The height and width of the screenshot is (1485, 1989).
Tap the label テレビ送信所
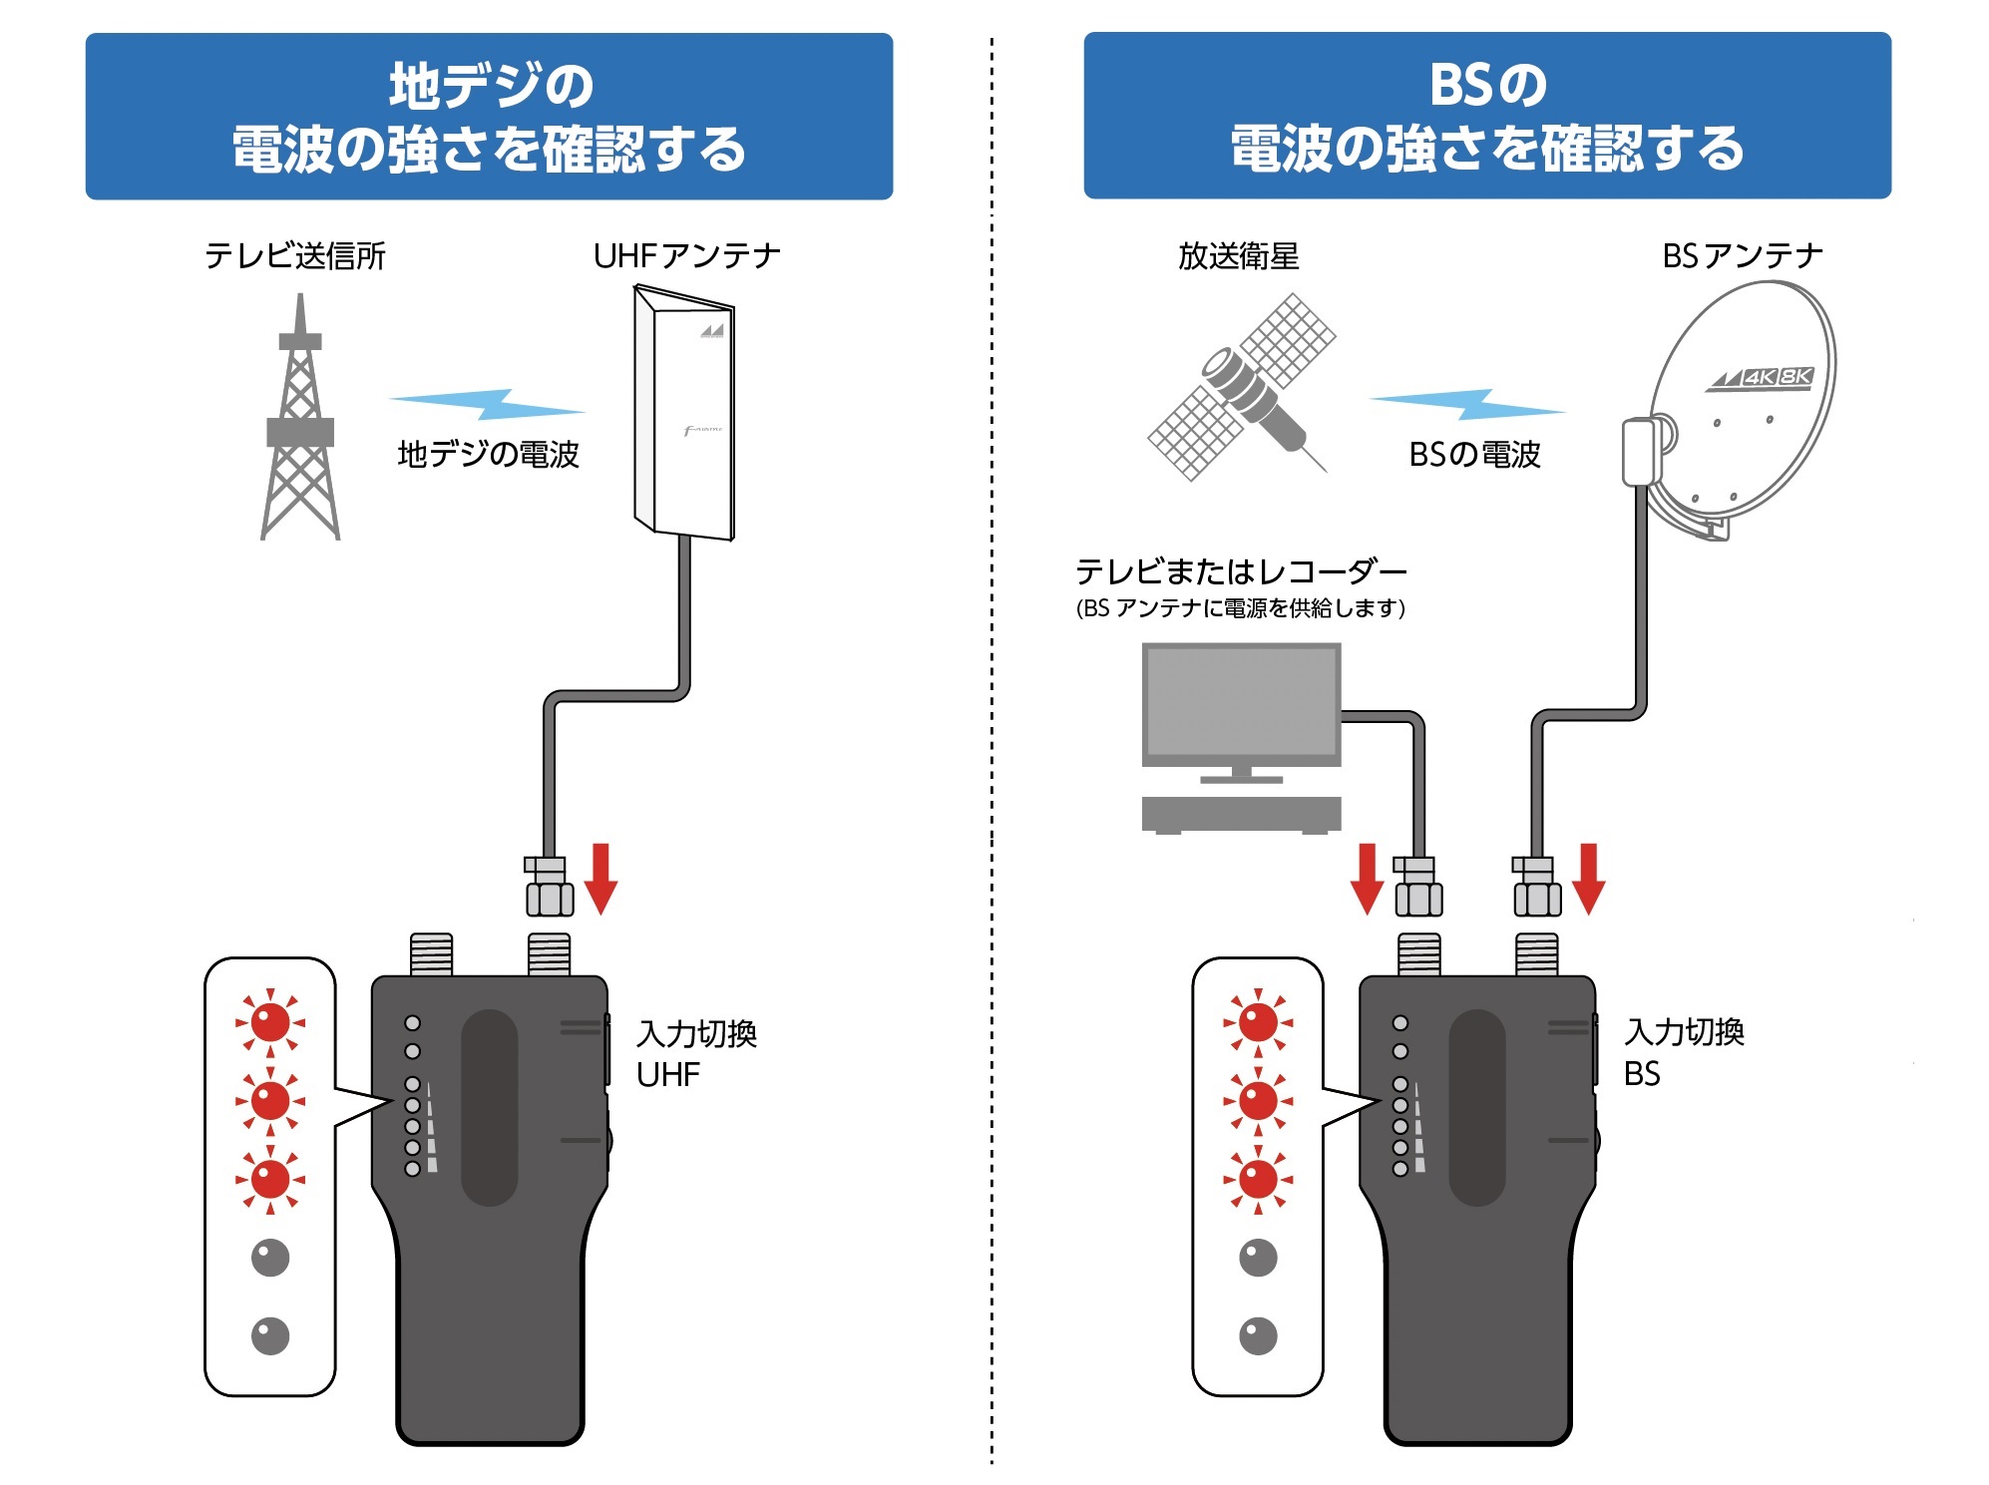(294, 256)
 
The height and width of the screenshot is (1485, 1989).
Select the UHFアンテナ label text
(686, 256)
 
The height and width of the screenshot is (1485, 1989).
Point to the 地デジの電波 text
(488, 455)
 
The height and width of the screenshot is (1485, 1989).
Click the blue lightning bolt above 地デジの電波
(487, 404)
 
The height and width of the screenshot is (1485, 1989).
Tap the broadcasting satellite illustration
(1242, 387)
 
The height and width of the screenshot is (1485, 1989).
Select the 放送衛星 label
(1238, 256)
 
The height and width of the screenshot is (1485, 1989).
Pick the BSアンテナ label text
(1742, 256)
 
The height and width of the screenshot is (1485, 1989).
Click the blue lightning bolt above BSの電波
(1466, 404)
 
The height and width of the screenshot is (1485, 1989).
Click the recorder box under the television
(1241, 814)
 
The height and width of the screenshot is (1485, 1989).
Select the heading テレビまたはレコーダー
(1240, 571)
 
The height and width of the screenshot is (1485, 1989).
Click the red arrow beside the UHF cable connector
(600, 879)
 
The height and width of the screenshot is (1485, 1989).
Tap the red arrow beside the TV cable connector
(1367, 879)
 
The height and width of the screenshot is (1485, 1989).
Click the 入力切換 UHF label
(696, 1053)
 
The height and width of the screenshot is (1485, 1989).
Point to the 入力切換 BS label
(1683, 1052)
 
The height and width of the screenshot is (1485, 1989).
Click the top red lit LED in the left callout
(270, 1022)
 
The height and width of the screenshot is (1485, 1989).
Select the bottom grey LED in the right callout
(1258, 1335)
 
